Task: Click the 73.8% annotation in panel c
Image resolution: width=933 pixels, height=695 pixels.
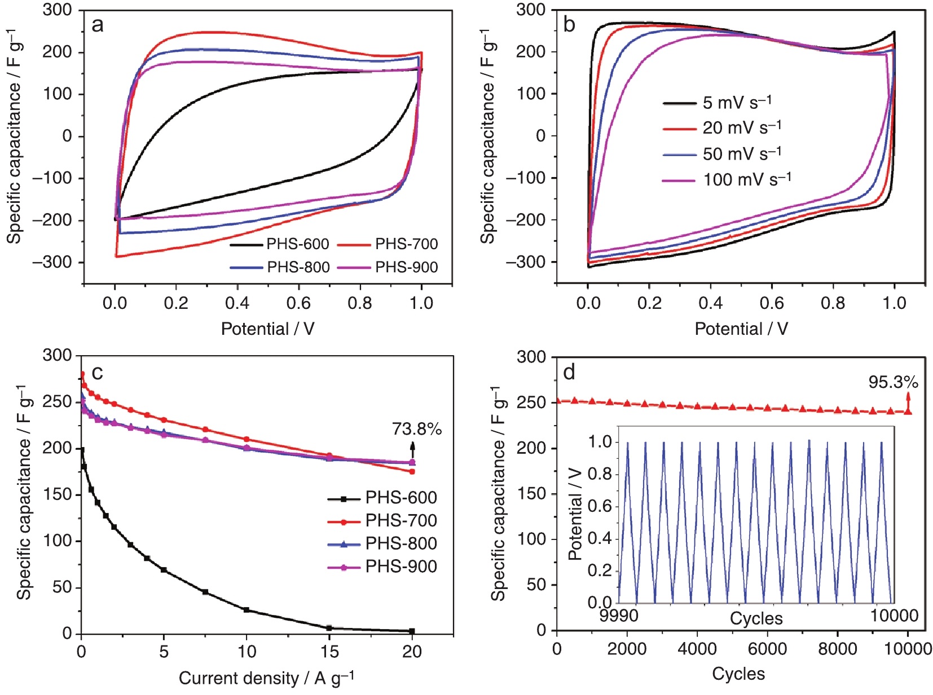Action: pyautogui.click(x=417, y=430)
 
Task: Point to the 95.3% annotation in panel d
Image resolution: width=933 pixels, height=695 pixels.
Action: pyautogui.click(x=893, y=382)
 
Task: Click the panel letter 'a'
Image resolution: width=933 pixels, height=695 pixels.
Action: pyautogui.click(x=98, y=25)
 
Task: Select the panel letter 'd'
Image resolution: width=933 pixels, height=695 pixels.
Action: pyautogui.click(x=569, y=373)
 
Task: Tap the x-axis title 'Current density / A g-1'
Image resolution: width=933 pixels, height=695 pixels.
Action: pyautogui.click(x=266, y=678)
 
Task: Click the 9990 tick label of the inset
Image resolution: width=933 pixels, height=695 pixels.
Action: pyautogui.click(x=619, y=616)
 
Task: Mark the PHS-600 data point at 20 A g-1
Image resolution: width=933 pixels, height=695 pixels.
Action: pyautogui.click(x=412, y=631)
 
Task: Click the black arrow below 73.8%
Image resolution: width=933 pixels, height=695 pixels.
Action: pyautogui.click(x=412, y=449)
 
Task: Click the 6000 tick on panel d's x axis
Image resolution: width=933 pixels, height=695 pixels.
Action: pyautogui.click(x=767, y=649)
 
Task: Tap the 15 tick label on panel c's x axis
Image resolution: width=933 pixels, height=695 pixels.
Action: pyautogui.click(x=329, y=652)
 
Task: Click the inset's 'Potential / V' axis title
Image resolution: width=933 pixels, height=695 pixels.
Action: pyautogui.click(x=575, y=513)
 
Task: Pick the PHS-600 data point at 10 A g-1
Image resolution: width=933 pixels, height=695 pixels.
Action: pyautogui.click(x=247, y=610)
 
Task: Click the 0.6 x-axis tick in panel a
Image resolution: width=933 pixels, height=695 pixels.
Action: pyautogui.click(x=298, y=303)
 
